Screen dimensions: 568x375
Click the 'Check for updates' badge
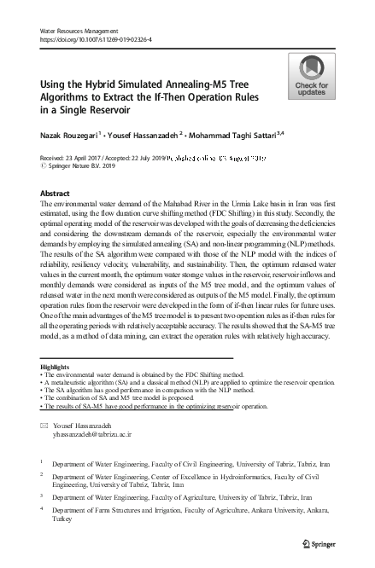tap(312, 78)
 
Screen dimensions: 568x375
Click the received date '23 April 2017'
tap(92, 158)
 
